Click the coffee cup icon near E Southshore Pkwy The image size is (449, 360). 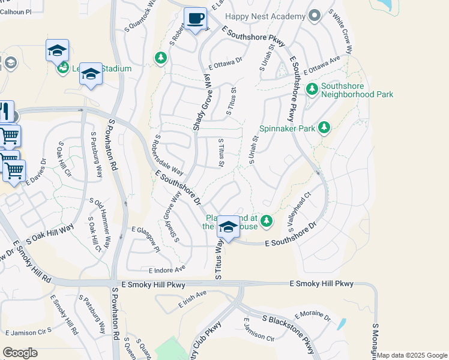(195, 19)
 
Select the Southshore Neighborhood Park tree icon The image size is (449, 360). (312, 89)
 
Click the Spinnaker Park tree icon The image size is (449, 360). (324, 127)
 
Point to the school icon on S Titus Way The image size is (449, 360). (228, 227)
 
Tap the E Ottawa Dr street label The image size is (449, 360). (225, 61)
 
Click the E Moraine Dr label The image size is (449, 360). (313, 316)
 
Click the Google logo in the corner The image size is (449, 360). (20, 352)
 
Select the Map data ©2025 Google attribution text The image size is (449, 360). (412, 355)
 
